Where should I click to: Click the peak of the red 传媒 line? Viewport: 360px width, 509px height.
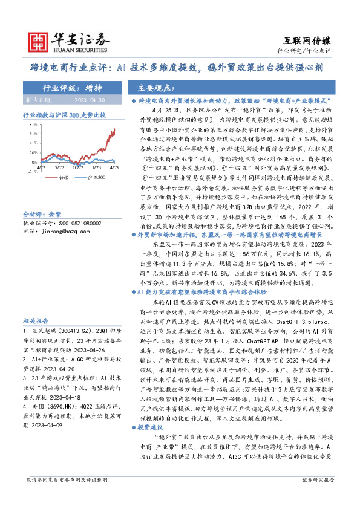click(114, 128)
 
